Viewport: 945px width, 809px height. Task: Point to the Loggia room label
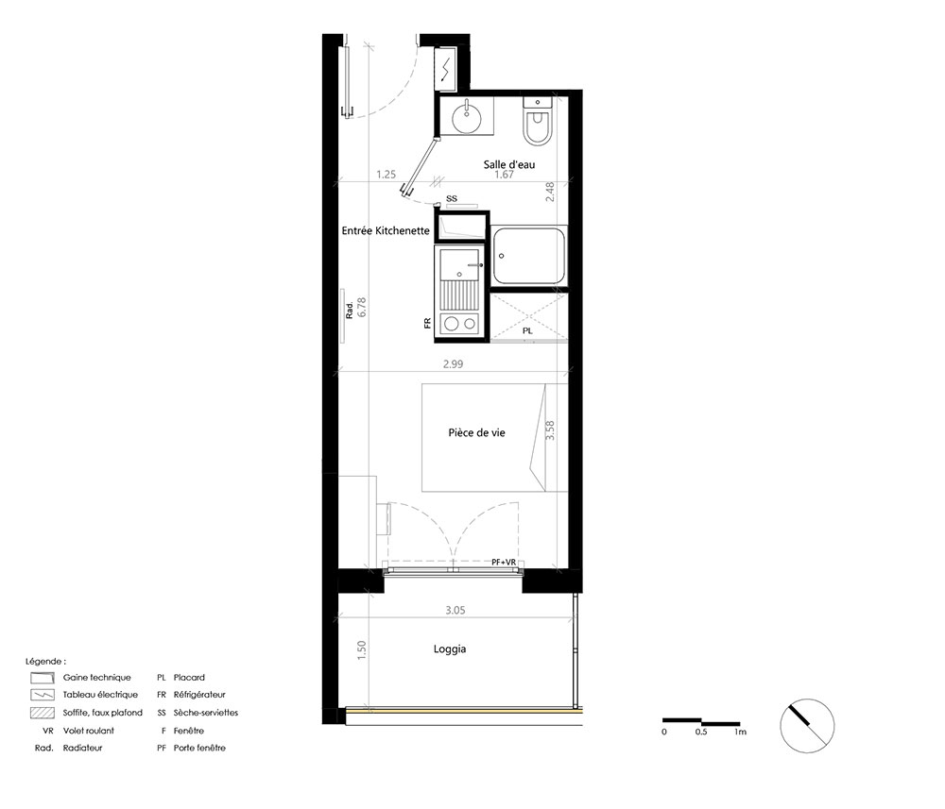(450, 649)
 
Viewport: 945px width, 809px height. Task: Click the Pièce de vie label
(476, 432)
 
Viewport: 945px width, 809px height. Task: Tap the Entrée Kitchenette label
(386, 230)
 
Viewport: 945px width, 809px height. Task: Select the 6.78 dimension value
(362, 307)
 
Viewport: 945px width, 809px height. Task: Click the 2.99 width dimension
(454, 363)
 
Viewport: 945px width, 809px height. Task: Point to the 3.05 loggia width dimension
(455, 610)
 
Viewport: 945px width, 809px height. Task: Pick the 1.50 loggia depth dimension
(362, 650)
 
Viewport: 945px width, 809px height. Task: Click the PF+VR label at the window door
(504, 563)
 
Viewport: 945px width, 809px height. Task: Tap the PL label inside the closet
(527, 331)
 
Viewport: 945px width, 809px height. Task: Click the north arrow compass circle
(807, 725)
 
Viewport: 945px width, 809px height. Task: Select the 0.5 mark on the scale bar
(701, 732)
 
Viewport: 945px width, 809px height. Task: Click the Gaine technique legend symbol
(43, 678)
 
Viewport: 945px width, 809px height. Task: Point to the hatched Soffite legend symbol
(43, 713)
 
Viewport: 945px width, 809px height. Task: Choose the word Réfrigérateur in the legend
(199, 695)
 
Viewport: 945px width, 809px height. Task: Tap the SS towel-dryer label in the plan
(452, 198)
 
